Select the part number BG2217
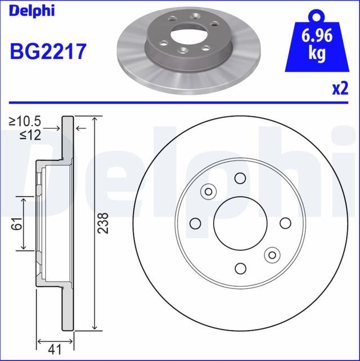pos(48,52)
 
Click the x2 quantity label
pos(340,88)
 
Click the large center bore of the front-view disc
pos(240,223)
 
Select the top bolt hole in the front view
pos(240,179)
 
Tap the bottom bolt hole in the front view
pos(240,268)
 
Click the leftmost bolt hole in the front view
pos(196,223)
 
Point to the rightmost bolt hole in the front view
pos(285,223)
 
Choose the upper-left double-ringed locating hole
pos(209,191)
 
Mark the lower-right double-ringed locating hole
pos(272,255)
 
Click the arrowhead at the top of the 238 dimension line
pos(95,121)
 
